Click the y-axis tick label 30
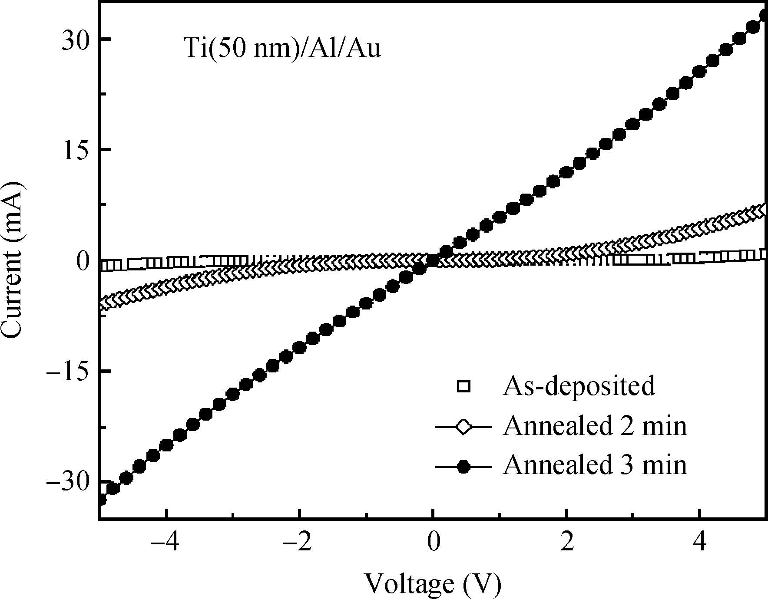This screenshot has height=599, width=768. click(75, 39)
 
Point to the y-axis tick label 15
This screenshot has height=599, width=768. click(75, 150)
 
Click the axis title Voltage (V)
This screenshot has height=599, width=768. click(432, 583)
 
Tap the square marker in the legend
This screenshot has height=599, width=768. click(464, 386)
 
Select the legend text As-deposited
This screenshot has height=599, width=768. click(579, 385)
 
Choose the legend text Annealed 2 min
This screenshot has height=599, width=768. click(595, 426)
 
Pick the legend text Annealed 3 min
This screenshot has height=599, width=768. click(595, 465)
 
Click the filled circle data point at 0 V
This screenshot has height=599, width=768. click(433, 260)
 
